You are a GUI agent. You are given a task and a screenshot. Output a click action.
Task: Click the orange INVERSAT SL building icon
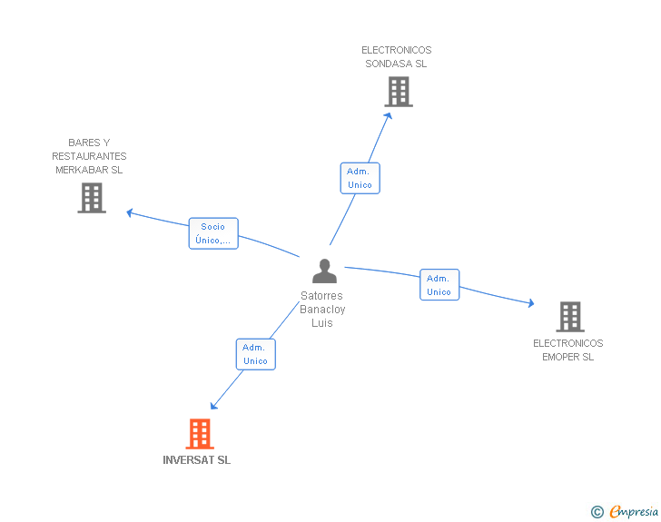200,433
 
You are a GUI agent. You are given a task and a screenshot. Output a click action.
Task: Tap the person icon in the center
325,271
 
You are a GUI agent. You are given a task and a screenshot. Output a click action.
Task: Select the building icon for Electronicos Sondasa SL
399,92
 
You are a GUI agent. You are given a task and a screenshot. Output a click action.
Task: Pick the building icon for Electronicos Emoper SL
570,317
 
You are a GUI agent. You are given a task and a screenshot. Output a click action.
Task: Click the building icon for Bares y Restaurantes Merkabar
92,198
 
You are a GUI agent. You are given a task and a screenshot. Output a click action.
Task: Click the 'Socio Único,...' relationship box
213,233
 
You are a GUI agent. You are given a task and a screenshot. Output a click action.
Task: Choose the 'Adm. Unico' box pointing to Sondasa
360,178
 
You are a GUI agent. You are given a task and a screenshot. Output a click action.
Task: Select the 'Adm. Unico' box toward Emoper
439,285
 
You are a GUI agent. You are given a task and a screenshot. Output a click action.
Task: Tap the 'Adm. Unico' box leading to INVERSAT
255,354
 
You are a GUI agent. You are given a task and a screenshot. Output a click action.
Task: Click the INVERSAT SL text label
196,460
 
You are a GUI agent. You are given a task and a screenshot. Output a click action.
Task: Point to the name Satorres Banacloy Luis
322,309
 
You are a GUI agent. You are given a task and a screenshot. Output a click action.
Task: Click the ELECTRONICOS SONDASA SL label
396,57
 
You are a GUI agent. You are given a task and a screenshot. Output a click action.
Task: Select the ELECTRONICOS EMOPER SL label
567,350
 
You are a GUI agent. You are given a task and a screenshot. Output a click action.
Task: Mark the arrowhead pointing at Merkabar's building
130,213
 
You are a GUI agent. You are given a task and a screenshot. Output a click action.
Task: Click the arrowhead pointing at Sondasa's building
389,115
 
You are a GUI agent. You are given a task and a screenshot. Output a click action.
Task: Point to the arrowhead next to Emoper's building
531,302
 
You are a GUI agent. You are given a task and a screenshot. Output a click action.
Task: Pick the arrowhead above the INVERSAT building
213,406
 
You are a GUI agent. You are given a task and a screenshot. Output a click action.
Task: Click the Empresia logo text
634,511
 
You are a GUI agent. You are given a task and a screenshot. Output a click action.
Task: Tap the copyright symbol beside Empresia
597,512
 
